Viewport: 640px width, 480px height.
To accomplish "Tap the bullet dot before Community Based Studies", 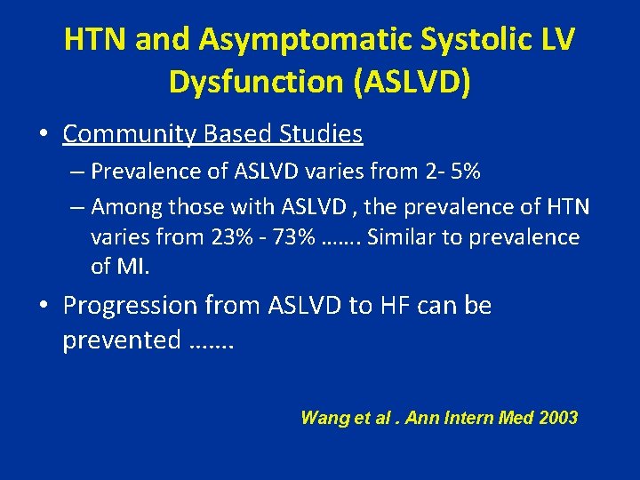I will [x=44, y=135].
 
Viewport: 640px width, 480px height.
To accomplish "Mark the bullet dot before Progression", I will [x=44, y=307].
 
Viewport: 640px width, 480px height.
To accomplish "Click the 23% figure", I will [x=227, y=237].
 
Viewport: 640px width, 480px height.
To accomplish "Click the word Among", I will [x=123, y=207].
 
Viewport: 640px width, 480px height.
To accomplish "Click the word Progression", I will [x=130, y=306].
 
